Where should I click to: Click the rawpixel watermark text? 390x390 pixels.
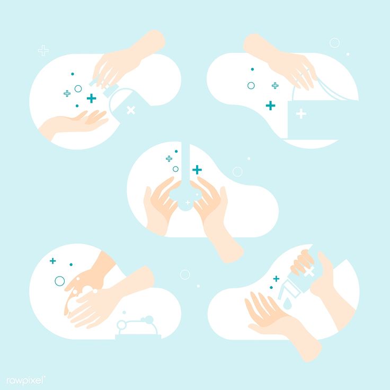pos(25,380)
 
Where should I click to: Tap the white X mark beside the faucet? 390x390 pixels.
pos(131,110)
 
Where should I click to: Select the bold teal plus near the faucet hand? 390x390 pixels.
pos(92,98)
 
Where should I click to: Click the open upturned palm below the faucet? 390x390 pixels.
pos(75,123)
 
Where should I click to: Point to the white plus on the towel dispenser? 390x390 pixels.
pos(301,114)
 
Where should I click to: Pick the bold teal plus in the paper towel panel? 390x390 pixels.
pos(270,105)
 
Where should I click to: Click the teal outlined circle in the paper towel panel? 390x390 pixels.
pos(251,85)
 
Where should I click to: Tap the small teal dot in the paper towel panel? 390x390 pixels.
pos(252,69)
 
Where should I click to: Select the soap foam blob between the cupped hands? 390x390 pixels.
pos(185,199)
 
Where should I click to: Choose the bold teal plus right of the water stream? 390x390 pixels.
pos(197,170)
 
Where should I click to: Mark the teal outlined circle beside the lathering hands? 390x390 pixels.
pos(60,281)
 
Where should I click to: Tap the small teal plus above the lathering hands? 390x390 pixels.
pos(53,261)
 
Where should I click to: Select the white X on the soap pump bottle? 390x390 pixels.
pos(309,271)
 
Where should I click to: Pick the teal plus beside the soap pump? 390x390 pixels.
pos(276,279)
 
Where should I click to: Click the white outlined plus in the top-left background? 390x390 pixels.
pos(43,50)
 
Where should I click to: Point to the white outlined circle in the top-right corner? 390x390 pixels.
pos(334,43)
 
